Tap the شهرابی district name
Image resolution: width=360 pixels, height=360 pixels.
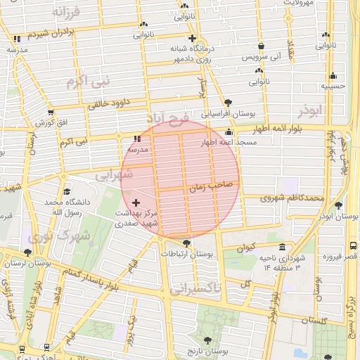(x=114, y=174)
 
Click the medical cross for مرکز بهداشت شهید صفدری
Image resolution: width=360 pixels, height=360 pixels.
(x=136, y=202)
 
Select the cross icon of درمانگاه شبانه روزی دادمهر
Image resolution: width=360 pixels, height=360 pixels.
(x=192, y=39)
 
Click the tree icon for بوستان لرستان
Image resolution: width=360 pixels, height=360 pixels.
(x=27, y=252)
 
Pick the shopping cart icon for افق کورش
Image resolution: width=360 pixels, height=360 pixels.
(x=50, y=112)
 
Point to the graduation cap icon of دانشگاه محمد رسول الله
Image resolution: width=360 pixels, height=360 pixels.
(x=67, y=192)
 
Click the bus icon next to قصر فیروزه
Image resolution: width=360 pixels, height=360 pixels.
(x=352, y=246)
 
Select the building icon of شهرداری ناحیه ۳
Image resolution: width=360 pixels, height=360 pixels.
(x=282, y=247)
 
